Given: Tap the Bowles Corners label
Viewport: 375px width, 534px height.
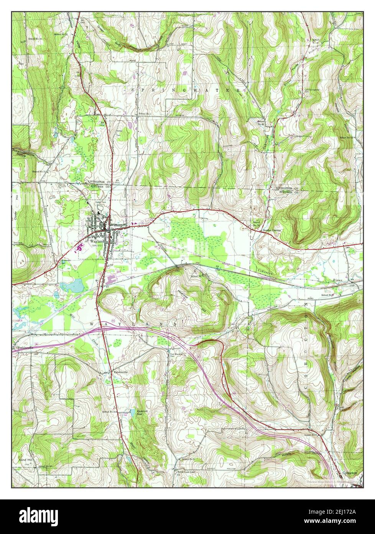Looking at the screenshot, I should pos(271,231).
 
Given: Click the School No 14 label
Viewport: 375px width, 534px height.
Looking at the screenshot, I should pos(256,224).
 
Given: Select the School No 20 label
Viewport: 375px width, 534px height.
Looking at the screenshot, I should pos(261,123).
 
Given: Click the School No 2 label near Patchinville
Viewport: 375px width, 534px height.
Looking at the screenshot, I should pos(109,412).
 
